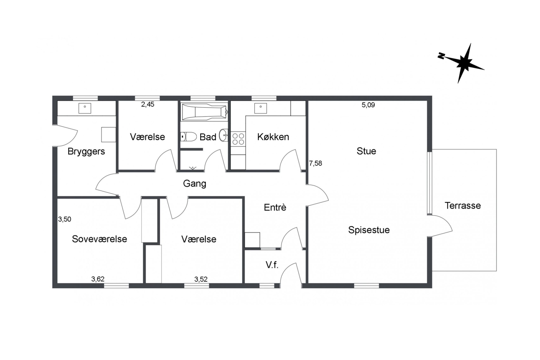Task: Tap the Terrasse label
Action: point(463,206)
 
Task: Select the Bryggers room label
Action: point(86,152)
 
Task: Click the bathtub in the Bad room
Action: point(204,112)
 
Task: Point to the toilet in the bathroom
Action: point(189,137)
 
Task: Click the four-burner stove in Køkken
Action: point(238,139)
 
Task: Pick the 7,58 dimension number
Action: point(315,163)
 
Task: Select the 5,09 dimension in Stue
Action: point(368,105)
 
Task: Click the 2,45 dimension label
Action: point(148,104)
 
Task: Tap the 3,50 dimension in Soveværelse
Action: point(65,219)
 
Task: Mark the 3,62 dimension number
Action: point(98,279)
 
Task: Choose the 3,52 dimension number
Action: point(201,279)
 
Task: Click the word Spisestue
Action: point(369,230)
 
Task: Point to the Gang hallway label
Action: point(195,184)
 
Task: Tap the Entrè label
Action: point(275,208)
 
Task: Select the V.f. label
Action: point(272,265)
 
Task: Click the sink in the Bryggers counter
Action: point(85,108)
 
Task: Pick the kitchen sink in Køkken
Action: point(261,108)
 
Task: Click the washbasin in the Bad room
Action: point(224,135)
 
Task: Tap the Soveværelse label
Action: point(99,239)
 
